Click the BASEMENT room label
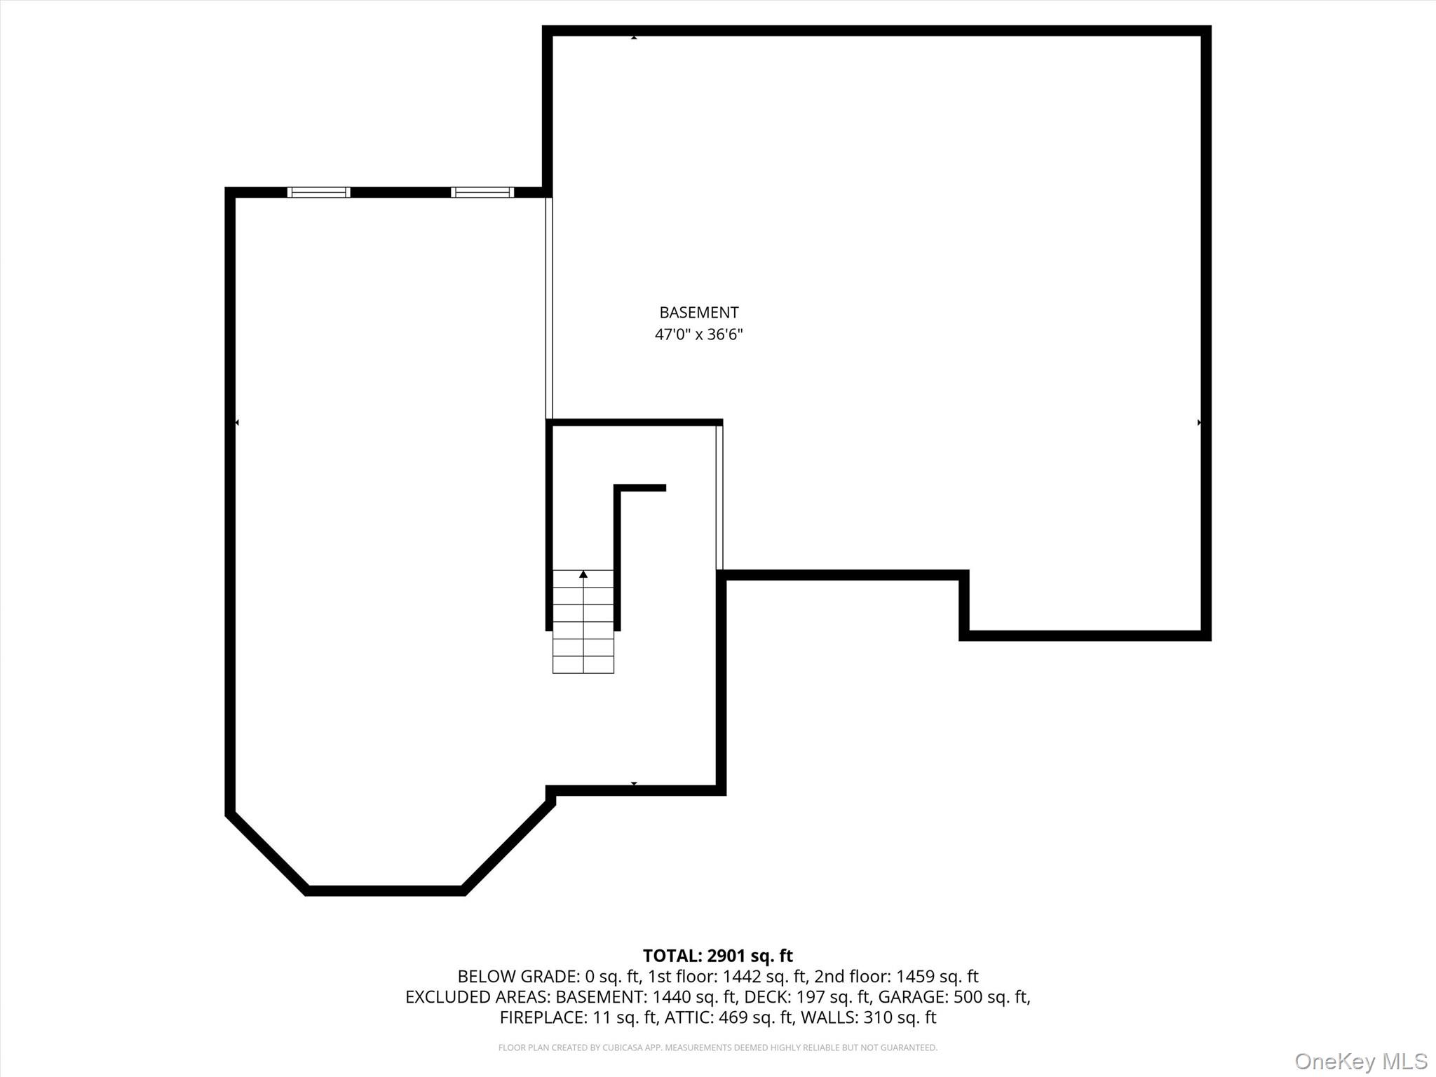pos(698,313)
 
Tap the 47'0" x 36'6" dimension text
pos(698,334)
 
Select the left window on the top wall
pos(318,192)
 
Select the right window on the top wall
pos(482,192)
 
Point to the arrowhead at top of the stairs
pos(583,574)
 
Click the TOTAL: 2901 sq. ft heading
pos(717,956)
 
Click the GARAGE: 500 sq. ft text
pos(953,997)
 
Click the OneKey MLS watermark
pos(1360,1061)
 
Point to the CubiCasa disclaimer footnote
pos(717,1048)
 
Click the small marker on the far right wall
pos(1199,423)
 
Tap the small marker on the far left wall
pos(237,423)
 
